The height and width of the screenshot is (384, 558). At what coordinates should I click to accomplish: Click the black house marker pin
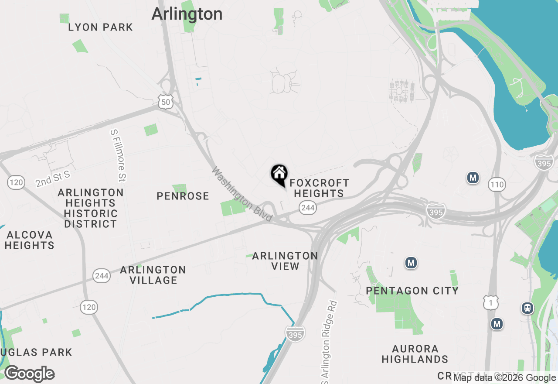[x=279, y=175]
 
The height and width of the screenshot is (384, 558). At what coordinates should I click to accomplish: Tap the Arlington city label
[x=187, y=14]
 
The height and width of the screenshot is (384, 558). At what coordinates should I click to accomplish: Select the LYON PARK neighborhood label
[x=101, y=27]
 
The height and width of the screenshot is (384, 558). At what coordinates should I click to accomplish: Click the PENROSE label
[x=183, y=196]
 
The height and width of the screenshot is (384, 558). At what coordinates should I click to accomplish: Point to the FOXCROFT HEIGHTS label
[x=319, y=188]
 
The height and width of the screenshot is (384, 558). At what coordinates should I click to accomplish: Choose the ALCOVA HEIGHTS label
[x=29, y=240]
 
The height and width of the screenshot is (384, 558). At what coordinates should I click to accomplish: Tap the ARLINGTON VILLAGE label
[x=153, y=275]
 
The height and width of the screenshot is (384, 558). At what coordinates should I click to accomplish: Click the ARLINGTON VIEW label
[x=285, y=261]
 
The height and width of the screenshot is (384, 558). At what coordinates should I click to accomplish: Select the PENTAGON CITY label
[x=412, y=291]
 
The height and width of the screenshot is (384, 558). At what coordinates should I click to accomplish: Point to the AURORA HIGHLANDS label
[x=415, y=354]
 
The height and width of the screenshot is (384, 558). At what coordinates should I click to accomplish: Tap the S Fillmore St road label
[x=118, y=155]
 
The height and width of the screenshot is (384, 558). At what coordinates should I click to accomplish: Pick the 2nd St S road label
[x=53, y=179]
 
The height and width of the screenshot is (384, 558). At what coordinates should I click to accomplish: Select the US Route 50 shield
[x=166, y=102]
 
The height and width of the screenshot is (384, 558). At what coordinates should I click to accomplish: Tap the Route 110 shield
[x=497, y=185]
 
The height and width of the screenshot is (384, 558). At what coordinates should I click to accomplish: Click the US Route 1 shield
[x=490, y=302]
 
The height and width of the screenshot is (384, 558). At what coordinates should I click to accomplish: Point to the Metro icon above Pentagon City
[x=411, y=263]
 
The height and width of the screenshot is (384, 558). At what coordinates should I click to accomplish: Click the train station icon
[x=527, y=308]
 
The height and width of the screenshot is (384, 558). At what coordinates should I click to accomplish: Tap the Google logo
[x=29, y=374]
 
